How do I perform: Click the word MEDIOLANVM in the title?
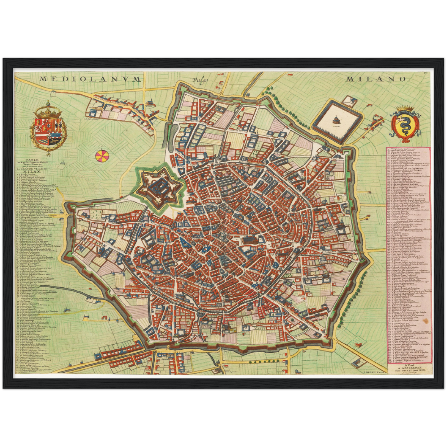click(90, 79)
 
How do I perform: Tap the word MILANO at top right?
click(376, 79)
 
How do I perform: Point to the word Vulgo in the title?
click(200, 80)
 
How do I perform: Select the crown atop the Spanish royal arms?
click(48, 108)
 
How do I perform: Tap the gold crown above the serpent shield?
click(405, 108)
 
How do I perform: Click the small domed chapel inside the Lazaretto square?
click(336, 120)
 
